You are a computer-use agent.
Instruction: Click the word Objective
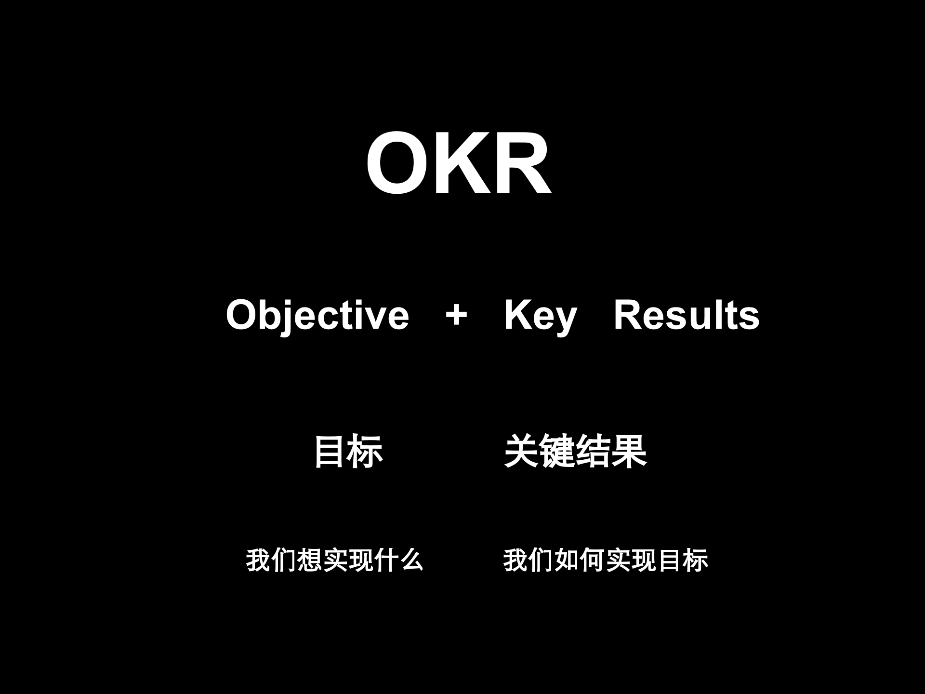coord(317,316)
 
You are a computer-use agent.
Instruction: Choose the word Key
coord(540,316)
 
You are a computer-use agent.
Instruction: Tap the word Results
coord(687,316)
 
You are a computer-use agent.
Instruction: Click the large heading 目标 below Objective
coord(348,452)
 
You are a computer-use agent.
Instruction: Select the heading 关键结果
coord(575,452)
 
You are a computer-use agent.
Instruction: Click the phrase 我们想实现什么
coord(334,560)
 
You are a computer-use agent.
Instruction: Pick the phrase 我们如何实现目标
coord(606,560)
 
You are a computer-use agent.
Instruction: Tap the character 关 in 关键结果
coord(522,452)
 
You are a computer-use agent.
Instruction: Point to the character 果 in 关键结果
coord(629,452)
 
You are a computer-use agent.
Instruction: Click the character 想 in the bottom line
coord(309,560)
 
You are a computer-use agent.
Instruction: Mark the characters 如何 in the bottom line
coord(580,560)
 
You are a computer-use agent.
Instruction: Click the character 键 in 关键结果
coord(558,452)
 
